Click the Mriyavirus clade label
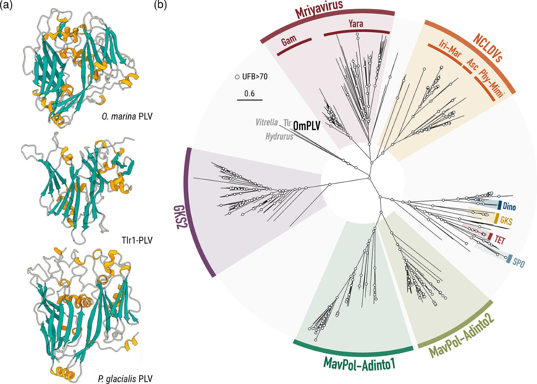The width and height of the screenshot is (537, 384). point(319,9)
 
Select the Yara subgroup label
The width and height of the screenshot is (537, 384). point(356,24)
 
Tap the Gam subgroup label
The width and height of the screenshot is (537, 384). point(289,41)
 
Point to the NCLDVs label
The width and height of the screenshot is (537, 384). point(487,48)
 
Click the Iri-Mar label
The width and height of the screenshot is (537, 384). point(450,49)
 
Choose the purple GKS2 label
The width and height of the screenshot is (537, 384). point(180,217)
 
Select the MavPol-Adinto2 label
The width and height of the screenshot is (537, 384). point(461,336)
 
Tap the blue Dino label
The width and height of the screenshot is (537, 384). point(509,207)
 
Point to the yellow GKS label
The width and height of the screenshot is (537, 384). point(506,221)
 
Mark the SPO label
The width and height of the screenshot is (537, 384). point(518,263)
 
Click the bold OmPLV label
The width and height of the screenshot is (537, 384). point(307,126)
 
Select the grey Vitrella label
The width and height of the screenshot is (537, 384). point(267,123)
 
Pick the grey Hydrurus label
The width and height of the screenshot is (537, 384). point(279,137)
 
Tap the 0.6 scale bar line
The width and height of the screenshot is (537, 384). point(250,100)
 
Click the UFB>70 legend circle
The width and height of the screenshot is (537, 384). point(237,77)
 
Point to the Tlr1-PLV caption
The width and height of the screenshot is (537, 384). point(137,240)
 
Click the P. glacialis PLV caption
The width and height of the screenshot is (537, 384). point(125,379)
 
